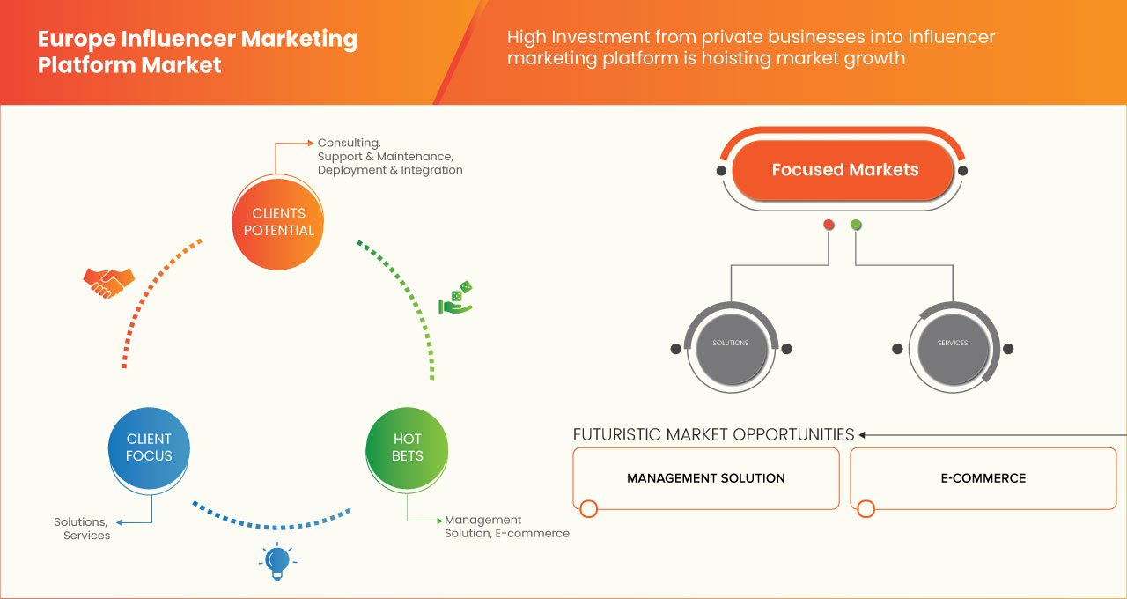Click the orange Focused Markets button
point(844,170)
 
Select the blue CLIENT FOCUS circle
point(149,447)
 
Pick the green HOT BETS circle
point(408,447)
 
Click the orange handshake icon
point(108,282)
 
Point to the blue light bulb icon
point(277,561)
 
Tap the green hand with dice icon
point(456,299)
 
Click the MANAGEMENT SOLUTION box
point(705,478)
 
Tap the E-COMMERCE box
point(983,478)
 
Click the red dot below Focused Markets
point(829,225)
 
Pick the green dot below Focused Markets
point(856,225)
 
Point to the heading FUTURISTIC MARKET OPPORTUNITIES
point(713,434)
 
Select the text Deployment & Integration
point(390,170)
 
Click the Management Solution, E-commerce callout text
point(506,527)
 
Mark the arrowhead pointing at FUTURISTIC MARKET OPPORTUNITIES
point(863,434)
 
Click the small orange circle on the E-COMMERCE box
point(866,508)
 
